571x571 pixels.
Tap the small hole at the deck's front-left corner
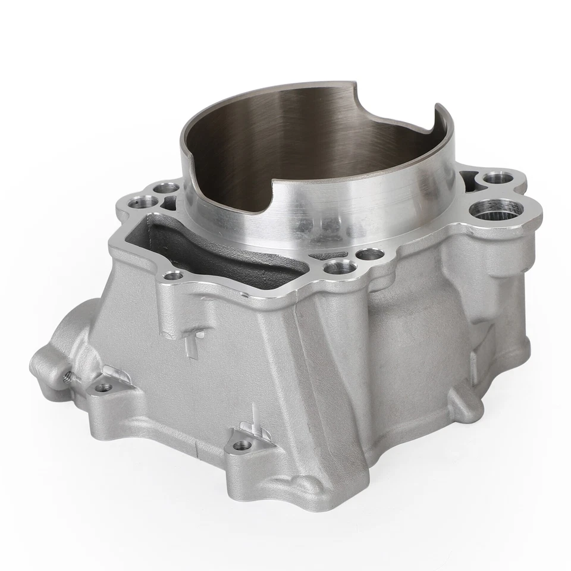(173, 275)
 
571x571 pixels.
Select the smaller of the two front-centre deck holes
(370, 255)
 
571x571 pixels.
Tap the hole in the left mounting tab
(103, 387)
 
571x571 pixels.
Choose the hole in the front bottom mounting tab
(240, 444)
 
